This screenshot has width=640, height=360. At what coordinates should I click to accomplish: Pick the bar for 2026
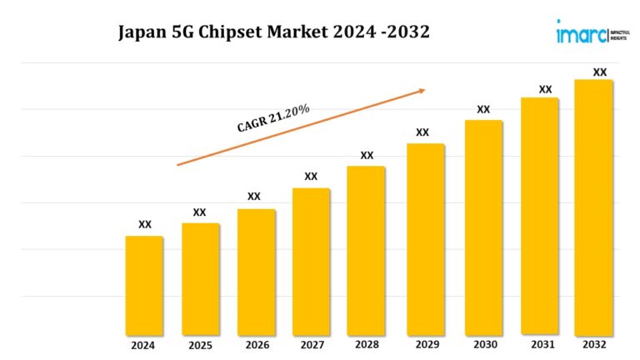(x=256, y=271)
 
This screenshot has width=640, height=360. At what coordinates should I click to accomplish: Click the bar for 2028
(x=366, y=250)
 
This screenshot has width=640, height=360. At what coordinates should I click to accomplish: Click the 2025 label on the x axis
(x=200, y=345)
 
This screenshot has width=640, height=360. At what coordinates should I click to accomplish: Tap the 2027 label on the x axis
(x=311, y=345)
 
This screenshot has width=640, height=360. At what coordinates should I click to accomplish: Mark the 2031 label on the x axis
(x=539, y=345)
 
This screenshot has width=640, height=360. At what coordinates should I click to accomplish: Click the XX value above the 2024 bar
(x=145, y=224)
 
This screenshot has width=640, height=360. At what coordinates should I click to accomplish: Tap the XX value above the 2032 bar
(x=599, y=72)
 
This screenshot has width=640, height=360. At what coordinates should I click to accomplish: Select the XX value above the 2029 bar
(x=422, y=132)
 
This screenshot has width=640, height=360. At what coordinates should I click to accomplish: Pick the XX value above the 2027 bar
(x=311, y=177)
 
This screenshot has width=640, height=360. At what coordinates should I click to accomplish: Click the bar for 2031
(x=539, y=216)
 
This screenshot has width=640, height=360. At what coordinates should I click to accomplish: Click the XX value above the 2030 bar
(x=483, y=109)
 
